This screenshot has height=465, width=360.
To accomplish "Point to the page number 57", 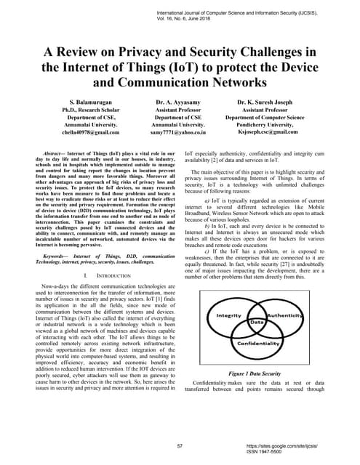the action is point(180,444).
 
